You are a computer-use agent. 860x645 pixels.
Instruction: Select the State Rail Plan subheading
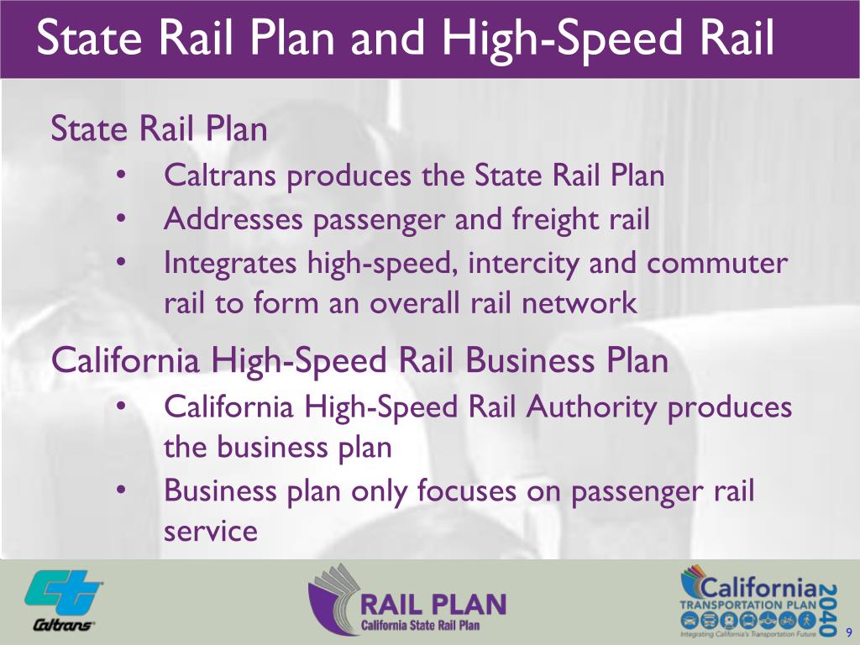[160, 130]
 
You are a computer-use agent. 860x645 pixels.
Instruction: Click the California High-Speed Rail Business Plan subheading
[359, 361]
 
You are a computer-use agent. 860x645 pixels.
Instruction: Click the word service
[210, 531]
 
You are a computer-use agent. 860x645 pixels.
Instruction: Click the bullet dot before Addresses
[122, 220]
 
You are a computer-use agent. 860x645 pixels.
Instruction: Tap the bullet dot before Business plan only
[122, 490]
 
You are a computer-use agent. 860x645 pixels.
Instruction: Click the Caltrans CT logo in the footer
[64, 595]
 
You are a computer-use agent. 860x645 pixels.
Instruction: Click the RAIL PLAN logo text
[433, 604]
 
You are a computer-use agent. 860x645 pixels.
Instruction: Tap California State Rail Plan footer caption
[422, 626]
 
